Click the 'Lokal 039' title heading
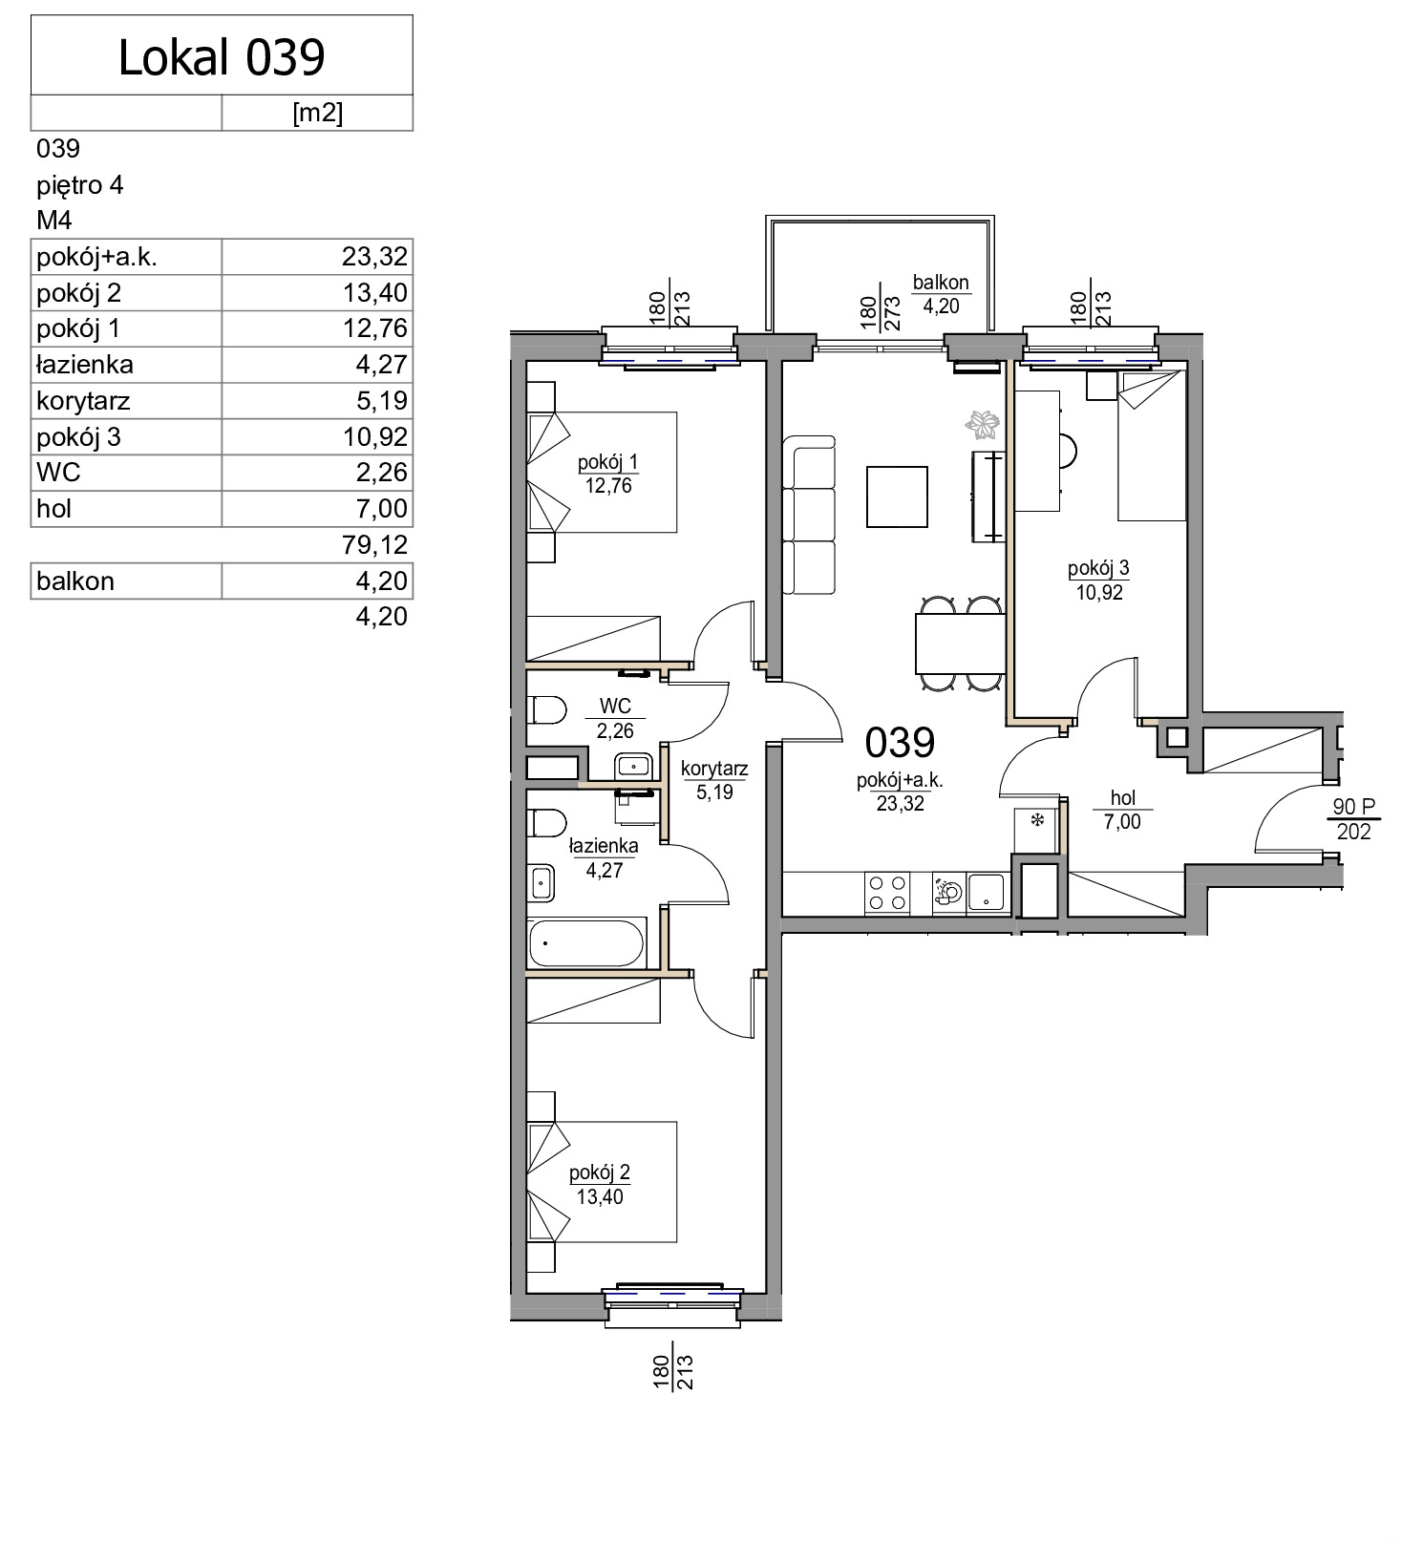pyautogui.click(x=222, y=57)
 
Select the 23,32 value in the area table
pyautogui.click(x=374, y=257)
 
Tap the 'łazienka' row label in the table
pyautogui.click(x=85, y=365)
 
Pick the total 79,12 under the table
pyautogui.click(x=374, y=545)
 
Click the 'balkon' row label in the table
pyautogui.click(x=75, y=581)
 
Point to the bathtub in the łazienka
pyautogui.click(x=586, y=943)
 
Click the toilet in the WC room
pyautogui.click(x=546, y=710)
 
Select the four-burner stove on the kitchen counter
pyautogui.click(x=886, y=894)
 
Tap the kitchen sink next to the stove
pyautogui.click(x=987, y=894)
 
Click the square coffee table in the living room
pyautogui.click(x=897, y=496)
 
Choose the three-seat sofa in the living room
pyautogui.click(x=809, y=515)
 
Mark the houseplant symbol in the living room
pyautogui.click(x=983, y=424)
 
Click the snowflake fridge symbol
pyautogui.click(x=1036, y=820)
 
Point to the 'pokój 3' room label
pyautogui.click(x=1098, y=568)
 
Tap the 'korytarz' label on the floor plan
pyautogui.click(x=714, y=769)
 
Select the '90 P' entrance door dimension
pyautogui.click(x=1353, y=808)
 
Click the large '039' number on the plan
pyautogui.click(x=900, y=742)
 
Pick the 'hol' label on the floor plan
pyautogui.click(x=1123, y=798)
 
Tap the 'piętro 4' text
pyautogui.click(x=80, y=185)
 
